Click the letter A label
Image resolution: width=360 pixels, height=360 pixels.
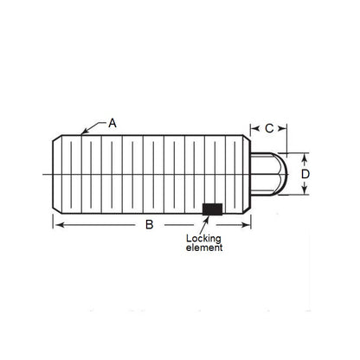pos(112,124)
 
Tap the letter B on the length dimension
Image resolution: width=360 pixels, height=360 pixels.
pos(149,225)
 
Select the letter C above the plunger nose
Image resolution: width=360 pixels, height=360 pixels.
pos(269,128)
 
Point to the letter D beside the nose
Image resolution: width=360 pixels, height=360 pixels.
pos(305,175)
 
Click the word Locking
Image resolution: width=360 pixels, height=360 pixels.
pos(204,238)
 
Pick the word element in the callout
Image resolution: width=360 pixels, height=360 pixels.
pos(204,247)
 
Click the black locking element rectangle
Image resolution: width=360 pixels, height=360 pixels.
pos(210,209)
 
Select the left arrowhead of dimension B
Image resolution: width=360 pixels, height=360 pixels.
pos(57,224)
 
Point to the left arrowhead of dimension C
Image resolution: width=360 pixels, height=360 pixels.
pos(254,128)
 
